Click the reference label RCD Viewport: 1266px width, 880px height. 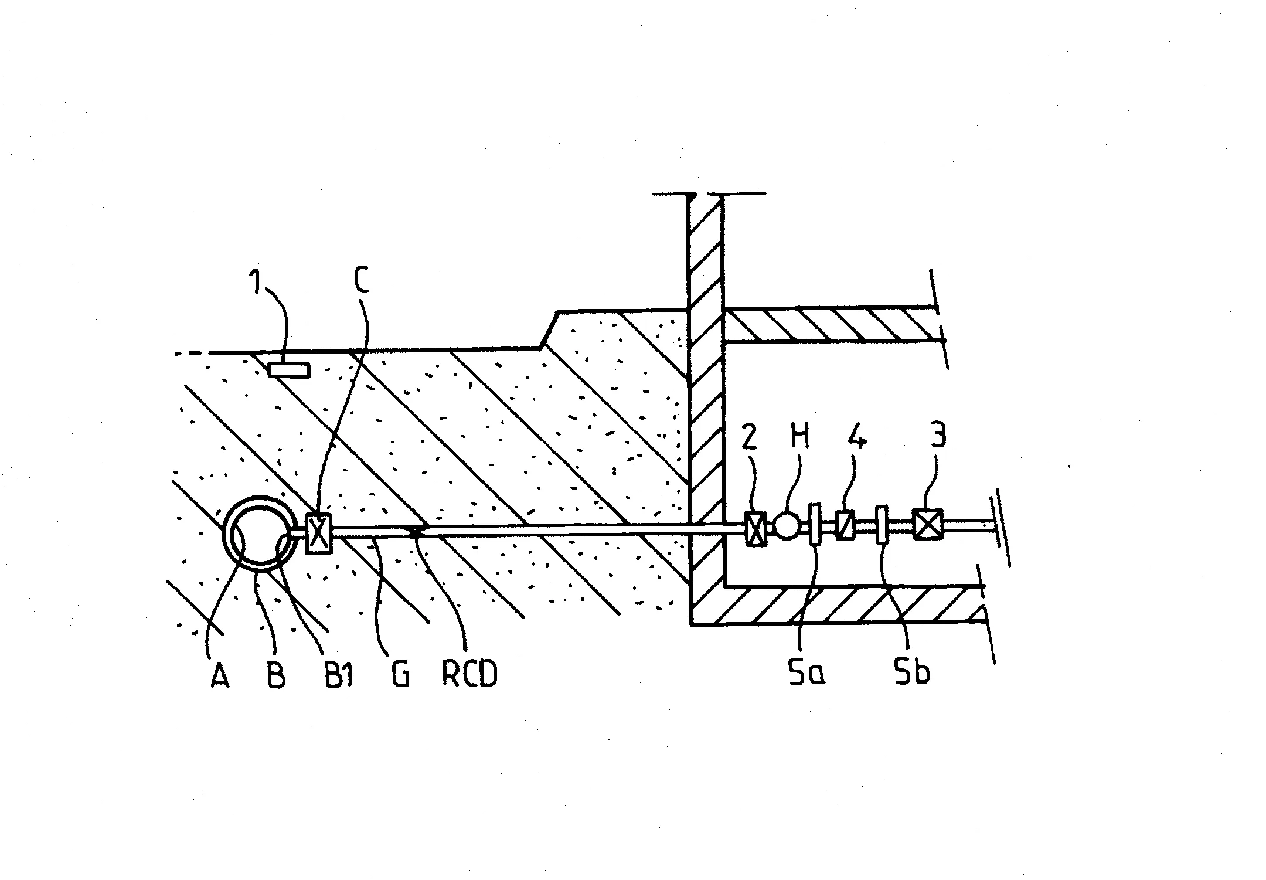469,674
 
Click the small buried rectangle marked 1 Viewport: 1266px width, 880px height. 289,371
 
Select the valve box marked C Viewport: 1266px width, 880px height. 319,533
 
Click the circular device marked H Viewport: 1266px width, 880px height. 786,526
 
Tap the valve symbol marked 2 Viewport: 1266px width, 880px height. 755,529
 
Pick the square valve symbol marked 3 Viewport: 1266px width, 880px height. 928,524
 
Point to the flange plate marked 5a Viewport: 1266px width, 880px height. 815,524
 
